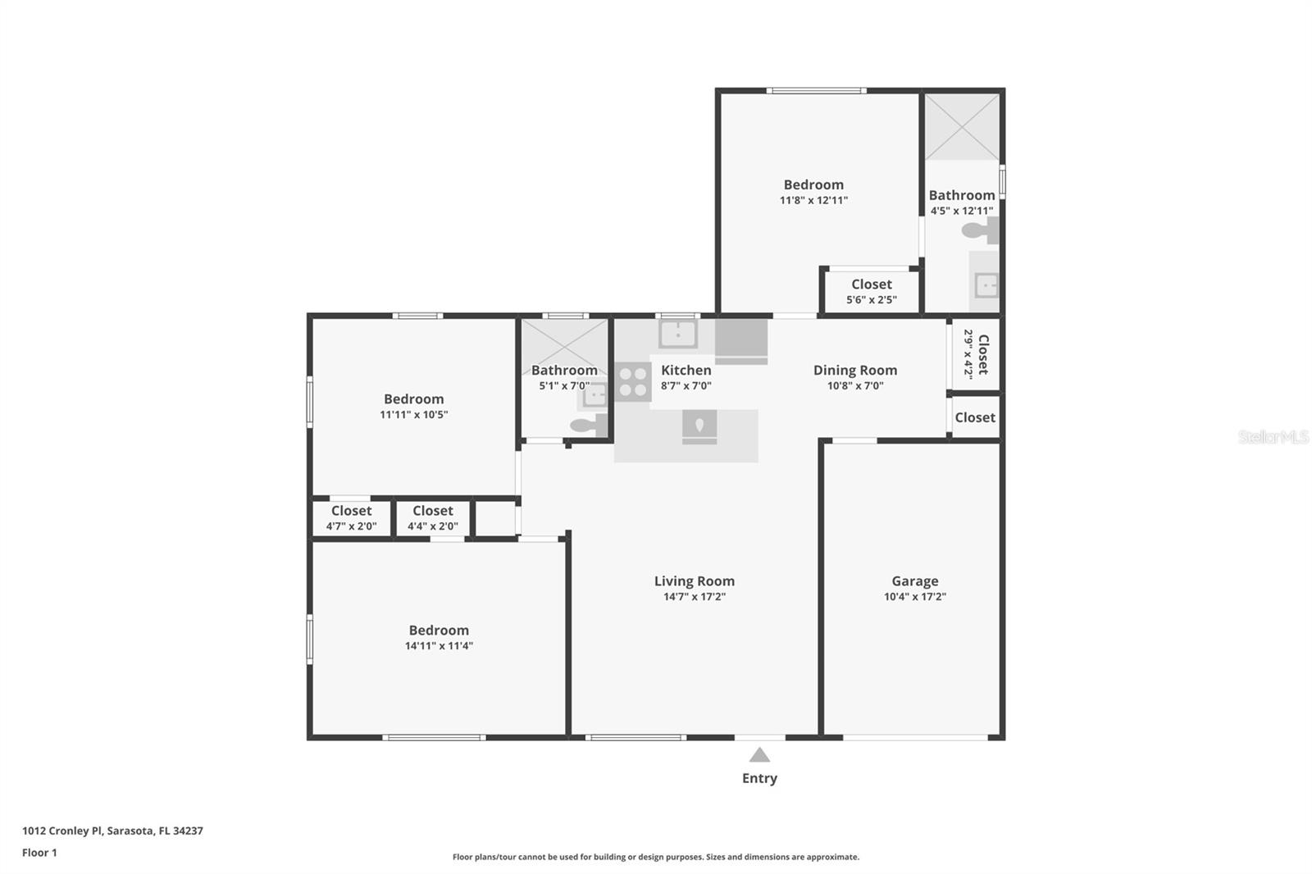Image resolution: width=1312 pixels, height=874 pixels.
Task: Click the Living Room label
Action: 694,581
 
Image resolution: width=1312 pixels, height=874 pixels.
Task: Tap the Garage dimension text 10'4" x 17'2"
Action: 915,596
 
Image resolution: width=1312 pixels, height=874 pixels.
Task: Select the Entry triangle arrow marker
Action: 759,754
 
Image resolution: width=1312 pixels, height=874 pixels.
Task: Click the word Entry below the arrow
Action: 759,778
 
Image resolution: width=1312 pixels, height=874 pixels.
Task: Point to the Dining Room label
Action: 855,371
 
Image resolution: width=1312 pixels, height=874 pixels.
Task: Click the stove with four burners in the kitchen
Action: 632,382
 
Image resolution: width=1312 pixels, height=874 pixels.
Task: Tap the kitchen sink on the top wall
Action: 677,334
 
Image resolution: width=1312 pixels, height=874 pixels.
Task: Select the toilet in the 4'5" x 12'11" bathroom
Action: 980,230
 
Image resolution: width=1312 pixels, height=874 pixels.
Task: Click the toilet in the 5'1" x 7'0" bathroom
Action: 589,425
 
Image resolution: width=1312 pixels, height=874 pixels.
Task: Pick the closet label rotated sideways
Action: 983,354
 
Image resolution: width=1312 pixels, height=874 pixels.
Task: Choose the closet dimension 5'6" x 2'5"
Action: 872,299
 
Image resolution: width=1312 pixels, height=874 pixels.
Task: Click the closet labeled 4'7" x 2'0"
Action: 352,518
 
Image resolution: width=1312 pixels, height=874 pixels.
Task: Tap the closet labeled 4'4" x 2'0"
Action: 433,518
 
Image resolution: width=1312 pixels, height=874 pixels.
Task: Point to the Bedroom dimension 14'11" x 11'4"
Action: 439,645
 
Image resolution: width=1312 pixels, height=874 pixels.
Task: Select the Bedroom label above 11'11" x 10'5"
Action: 413,399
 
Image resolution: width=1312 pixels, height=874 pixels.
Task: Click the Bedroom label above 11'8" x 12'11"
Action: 813,184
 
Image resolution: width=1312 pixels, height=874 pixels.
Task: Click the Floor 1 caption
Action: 40,853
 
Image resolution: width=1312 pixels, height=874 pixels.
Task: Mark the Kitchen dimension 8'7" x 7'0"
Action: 686,385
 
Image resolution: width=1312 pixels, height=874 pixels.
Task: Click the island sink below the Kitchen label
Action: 699,427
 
